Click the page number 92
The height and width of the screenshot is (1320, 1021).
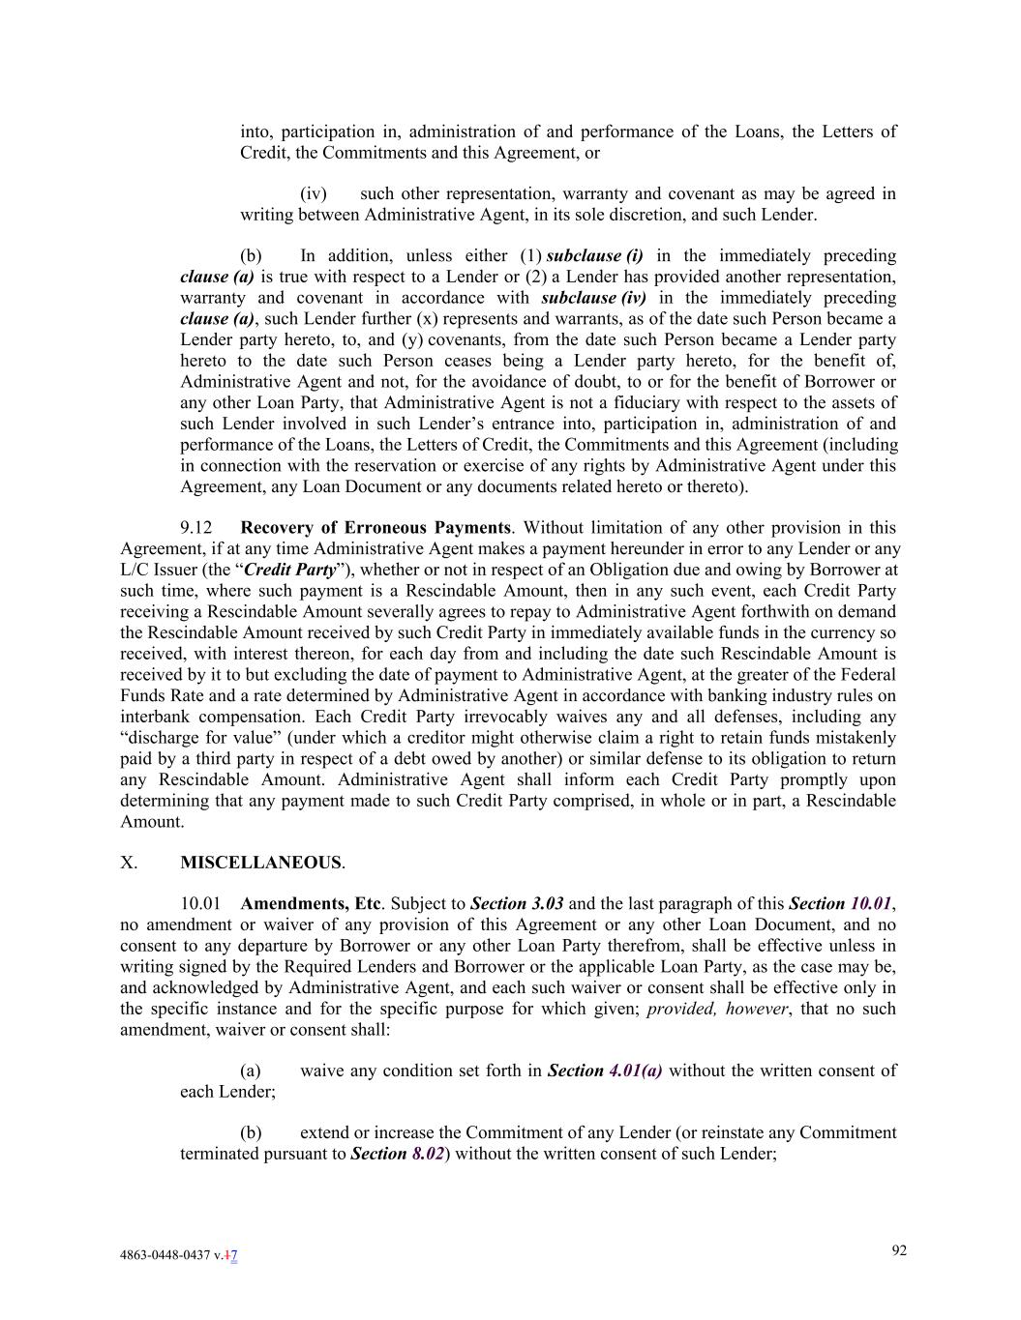point(899,1250)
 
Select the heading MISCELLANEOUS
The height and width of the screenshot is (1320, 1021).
point(260,863)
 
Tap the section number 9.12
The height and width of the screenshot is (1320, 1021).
point(196,528)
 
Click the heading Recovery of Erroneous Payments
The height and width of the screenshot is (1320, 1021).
point(375,528)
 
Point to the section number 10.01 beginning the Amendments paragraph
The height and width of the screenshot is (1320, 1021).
point(200,904)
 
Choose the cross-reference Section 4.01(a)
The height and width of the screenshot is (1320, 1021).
point(605,1071)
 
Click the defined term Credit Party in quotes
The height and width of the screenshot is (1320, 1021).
point(290,570)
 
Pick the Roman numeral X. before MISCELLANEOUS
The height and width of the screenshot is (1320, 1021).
point(129,863)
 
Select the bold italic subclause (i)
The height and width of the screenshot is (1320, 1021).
point(595,256)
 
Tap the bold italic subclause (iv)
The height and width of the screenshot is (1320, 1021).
point(594,298)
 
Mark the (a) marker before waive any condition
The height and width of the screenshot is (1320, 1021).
point(251,1071)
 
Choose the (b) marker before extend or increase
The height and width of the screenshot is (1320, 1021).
point(251,1132)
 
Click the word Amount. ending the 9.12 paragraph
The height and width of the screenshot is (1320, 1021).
point(152,822)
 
